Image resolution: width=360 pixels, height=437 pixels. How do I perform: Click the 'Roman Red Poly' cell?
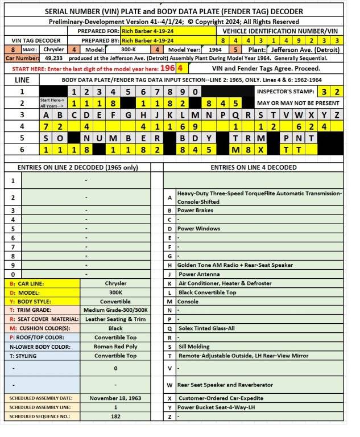click(116, 345)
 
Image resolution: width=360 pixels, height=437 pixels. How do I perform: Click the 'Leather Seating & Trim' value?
click(116, 319)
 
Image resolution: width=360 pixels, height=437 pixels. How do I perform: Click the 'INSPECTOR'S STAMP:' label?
click(285, 91)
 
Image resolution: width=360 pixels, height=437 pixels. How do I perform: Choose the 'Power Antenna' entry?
click(198, 274)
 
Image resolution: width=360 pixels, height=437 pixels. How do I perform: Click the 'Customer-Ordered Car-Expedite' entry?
click(222, 398)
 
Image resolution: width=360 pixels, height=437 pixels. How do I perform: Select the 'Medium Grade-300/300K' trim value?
click(116, 310)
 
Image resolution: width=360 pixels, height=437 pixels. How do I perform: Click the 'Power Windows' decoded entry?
click(197, 228)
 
